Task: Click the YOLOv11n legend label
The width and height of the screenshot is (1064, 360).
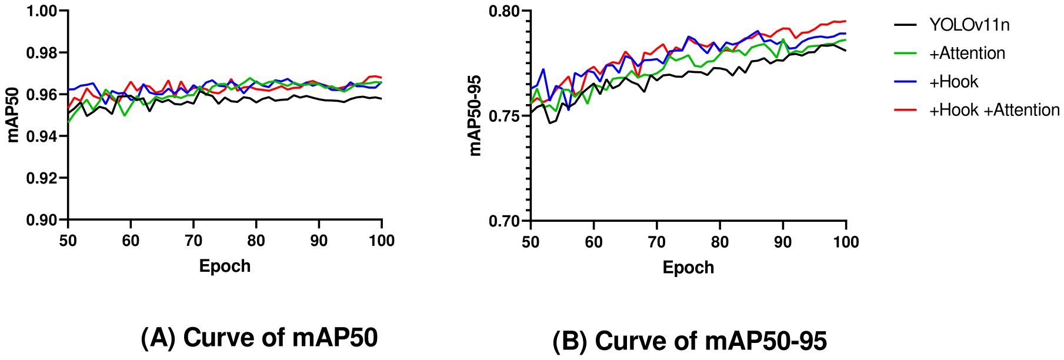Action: (969, 25)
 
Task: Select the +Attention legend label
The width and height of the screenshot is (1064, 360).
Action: (966, 54)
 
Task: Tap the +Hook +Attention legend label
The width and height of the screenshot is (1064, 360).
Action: (993, 110)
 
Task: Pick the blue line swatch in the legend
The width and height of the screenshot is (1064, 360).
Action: (905, 82)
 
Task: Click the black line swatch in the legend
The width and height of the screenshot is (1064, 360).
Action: (905, 25)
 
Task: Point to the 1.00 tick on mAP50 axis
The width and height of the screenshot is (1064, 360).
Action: (42, 11)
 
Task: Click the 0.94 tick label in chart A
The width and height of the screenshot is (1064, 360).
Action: (42, 136)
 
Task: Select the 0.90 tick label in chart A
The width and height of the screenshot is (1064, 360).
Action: (42, 220)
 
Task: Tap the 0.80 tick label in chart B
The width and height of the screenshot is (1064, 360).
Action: (505, 11)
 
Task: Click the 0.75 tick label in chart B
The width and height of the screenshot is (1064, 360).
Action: (505, 116)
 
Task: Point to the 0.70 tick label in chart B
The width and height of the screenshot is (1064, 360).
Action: (505, 221)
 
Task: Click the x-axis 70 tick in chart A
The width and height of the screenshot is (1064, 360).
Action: (194, 241)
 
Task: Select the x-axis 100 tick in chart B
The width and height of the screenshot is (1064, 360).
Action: (845, 242)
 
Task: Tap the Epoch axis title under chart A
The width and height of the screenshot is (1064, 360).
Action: (225, 266)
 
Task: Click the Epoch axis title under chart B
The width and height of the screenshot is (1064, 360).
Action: (688, 268)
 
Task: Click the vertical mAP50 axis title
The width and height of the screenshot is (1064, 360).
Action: (13, 115)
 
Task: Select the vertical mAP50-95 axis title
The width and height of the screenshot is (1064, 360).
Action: (475, 115)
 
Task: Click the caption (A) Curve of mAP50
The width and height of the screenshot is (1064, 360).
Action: (259, 338)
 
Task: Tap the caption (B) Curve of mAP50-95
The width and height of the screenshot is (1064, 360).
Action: (689, 341)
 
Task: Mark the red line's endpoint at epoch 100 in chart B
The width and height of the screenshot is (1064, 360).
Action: (845, 21)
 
